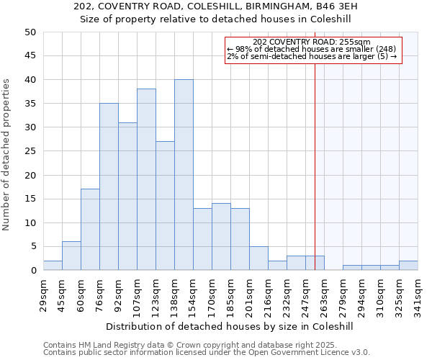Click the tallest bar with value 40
[184, 175]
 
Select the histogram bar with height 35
[109, 186]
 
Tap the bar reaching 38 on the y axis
[146, 179]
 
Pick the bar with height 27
[165, 206]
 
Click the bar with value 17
[90, 230]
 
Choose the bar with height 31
[127, 197]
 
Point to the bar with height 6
[71, 256]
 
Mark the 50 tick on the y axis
[30, 32]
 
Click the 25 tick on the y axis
[30, 151]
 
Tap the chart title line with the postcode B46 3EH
[216, 6]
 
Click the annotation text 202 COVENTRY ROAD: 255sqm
[312, 42]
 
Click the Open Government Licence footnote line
[207, 352]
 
